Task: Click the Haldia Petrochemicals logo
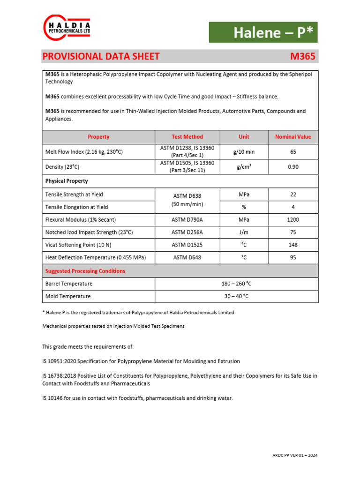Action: [x=67, y=28]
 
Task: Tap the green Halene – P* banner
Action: [x=263, y=32]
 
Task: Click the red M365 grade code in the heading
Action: [x=303, y=57]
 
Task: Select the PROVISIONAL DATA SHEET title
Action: [x=101, y=57]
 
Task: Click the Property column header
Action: [x=98, y=137]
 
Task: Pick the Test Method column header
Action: [x=187, y=137]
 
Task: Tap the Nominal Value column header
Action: [x=292, y=137]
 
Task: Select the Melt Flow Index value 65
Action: [x=292, y=152]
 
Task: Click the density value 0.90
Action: [x=292, y=167]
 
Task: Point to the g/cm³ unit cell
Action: [x=244, y=167]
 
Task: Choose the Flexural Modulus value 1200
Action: [x=292, y=219]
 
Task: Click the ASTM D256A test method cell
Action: [x=187, y=232]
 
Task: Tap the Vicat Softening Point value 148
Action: [x=292, y=245]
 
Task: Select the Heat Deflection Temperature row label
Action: [x=96, y=257]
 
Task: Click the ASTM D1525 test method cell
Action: [x=187, y=245]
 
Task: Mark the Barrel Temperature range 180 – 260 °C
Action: [x=236, y=284]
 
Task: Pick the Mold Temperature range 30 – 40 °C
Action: [x=236, y=296]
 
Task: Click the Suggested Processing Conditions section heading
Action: [x=85, y=271]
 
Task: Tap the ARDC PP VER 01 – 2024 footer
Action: [x=295, y=455]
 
